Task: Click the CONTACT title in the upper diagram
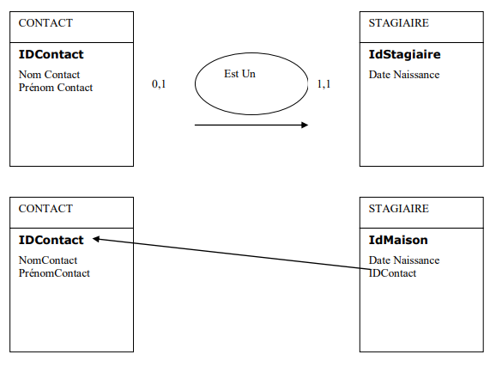pyautogui.click(x=45, y=23)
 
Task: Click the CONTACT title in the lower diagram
pyautogui.click(x=45, y=209)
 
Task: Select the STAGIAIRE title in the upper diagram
pyautogui.click(x=398, y=23)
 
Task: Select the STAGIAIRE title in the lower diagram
pyautogui.click(x=398, y=209)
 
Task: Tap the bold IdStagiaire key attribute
pyautogui.click(x=405, y=54)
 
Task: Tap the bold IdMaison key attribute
pyautogui.click(x=398, y=240)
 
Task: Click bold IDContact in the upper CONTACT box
pyautogui.click(x=51, y=54)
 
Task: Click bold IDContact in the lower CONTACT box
pyautogui.click(x=51, y=240)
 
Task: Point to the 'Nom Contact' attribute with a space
pyautogui.click(x=49, y=75)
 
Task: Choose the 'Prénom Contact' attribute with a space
pyautogui.click(x=56, y=88)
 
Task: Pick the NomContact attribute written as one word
pyautogui.click(x=48, y=260)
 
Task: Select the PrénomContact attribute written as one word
pyautogui.click(x=54, y=273)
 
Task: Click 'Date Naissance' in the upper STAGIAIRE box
pyautogui.click(x=404, y=75)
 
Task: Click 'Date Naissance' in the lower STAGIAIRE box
pyautogui.click(x=404, y=260)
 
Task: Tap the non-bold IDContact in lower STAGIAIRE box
pyautogui.click(x=392, y=273)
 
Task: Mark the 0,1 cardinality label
pyautogui.click(x=159, y=84)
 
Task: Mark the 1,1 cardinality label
pyautogui.click(x=324, y=84)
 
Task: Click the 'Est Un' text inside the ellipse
pyautogui.click(x=239, y=74)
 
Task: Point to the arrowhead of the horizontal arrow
pyautogui.click(x=305, y=125)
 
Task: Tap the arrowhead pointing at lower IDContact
pyautogui.click(x=96, y=239)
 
